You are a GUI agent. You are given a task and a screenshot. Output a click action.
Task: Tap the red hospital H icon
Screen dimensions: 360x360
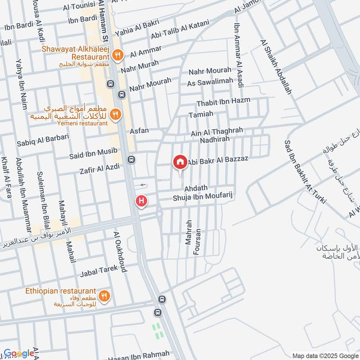tap(142, 201)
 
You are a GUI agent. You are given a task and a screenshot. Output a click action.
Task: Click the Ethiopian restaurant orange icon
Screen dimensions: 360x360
tap(104, 296)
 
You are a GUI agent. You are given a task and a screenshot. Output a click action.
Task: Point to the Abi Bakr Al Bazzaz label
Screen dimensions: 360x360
tap(218, 160)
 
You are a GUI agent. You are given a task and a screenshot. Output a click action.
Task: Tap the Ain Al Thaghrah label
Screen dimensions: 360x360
tap(217, 131)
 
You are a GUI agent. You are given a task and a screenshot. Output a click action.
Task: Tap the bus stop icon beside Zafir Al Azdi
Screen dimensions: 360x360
tap(130, 159)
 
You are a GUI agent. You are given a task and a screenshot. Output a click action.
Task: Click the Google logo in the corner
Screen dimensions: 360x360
tap(19, 353)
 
